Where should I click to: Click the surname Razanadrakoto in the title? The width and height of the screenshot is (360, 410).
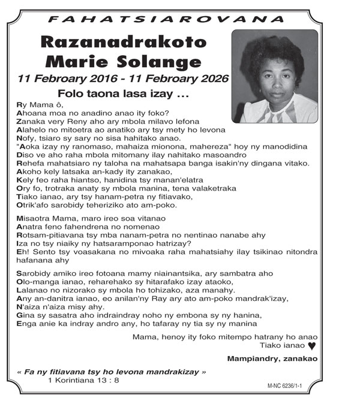(x=124, y=43)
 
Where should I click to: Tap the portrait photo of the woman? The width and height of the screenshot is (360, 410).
(x=275, y=76)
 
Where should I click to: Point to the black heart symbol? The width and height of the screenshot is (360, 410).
(x=311, y=346)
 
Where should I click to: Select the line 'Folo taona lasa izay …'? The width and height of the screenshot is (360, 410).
(x=123, y=94)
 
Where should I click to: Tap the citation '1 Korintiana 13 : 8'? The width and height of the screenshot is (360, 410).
(x=83, y=380)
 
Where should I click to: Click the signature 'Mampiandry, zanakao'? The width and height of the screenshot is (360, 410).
(x=272, y=358)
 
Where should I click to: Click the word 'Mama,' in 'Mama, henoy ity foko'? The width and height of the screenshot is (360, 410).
(x=145, y=337)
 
